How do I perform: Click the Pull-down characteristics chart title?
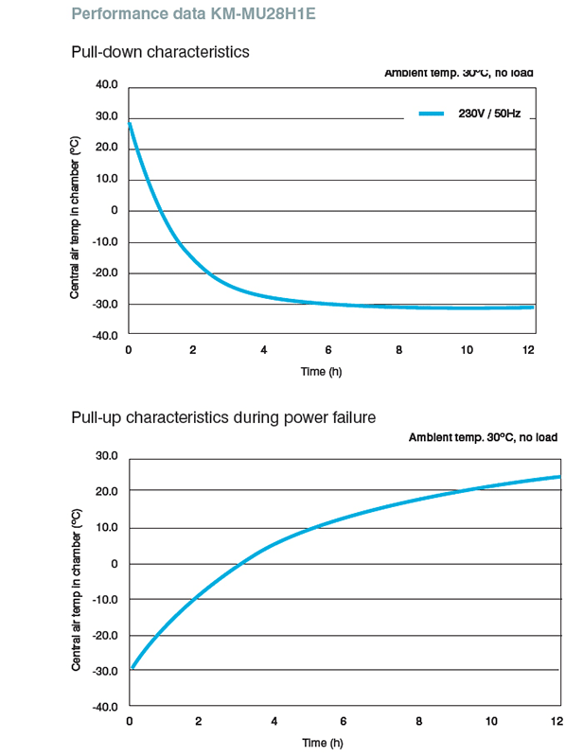160,52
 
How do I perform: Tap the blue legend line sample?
431,114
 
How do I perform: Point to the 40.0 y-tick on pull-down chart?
106,85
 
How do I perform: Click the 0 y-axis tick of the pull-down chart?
113,210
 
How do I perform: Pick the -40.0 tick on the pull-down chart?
104,335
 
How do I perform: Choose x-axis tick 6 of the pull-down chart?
328,350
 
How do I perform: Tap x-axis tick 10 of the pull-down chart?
465,350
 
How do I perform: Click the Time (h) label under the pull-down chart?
321,372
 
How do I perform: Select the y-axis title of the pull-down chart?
75,218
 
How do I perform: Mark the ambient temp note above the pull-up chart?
483,437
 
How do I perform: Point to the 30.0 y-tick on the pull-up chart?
106,456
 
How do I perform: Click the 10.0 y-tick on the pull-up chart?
106,528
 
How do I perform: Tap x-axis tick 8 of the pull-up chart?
418,722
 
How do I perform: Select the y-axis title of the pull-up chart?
75,589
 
